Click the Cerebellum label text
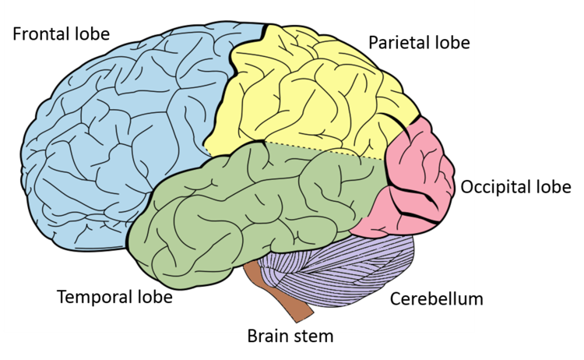(x=433, y=298)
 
